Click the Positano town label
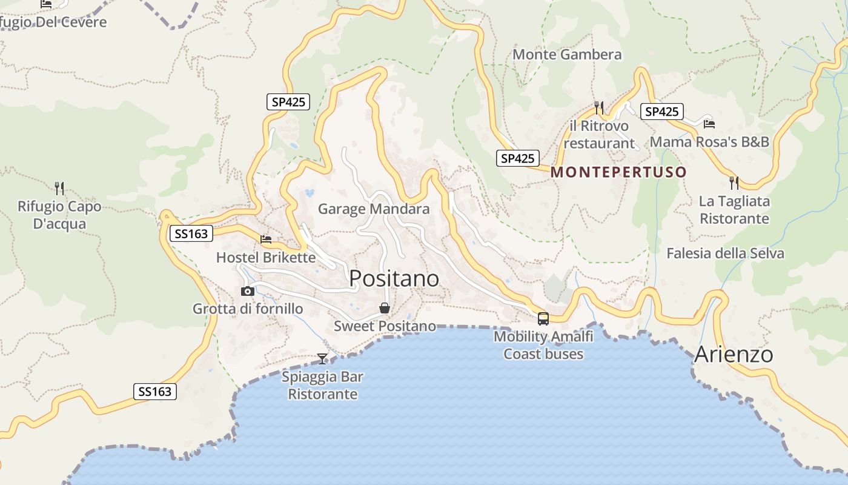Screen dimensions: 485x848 click(x=394, y=278)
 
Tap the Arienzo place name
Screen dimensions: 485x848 click(x=734, y=354)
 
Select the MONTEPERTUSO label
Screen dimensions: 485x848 click(x=618, y=172)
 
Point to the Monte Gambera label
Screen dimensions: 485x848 click(x=567, y=55)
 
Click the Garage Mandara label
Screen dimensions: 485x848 click(x=374, y=209)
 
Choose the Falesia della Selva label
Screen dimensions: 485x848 click(x=725, y=253)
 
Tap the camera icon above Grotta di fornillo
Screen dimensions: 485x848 click(x=247, y=292)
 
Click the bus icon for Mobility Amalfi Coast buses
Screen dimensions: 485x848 click(x=543, y=319)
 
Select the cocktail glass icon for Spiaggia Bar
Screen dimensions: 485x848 click(x=322, y=359)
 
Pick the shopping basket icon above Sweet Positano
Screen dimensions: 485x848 click(x=385, y=309)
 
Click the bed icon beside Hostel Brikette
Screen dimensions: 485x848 click(x=266, y=239)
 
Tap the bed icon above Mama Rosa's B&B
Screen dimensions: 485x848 click(x=709, y=124)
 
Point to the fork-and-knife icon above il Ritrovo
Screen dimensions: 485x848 click(x=599, y=108)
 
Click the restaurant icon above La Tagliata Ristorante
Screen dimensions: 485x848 click(x=734, y=182)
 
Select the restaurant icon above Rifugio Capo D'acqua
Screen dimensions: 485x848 click(x=59, y=188)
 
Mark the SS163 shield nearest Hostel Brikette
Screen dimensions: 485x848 click(x=191, y=233)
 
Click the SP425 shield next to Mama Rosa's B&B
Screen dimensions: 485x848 click(x=661, y=112)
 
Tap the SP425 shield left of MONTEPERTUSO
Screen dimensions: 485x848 click(x=518, y=159)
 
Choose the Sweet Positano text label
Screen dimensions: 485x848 click(x=385, y=326)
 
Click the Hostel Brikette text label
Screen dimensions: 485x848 click(x=266, y=258)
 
